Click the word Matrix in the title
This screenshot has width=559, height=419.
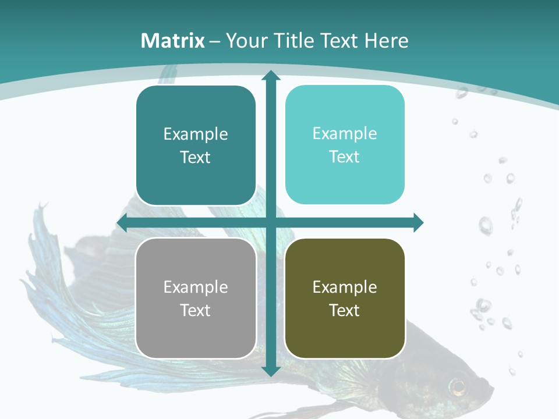173,41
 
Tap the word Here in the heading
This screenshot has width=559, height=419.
386,41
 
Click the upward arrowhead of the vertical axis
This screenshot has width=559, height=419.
270,76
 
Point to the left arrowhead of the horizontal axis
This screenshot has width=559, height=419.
122,222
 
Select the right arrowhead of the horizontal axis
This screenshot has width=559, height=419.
418,222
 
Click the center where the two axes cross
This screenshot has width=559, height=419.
270,222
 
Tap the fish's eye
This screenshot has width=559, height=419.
458,385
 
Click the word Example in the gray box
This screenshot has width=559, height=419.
196,287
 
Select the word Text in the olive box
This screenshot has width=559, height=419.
345,310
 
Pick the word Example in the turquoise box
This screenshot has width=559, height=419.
345,134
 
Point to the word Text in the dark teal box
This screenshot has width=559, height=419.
196,157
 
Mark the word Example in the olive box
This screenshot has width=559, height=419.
345,287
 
